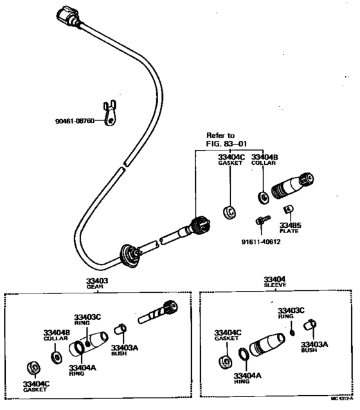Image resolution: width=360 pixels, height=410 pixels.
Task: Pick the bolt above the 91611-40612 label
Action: pyautogui.click(x=260, y=221)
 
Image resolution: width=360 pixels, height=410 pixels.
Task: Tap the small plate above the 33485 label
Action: pyautogui.click(x=289, y=209)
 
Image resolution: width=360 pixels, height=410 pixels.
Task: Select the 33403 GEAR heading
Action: pyautogui.click(x=97, y=284)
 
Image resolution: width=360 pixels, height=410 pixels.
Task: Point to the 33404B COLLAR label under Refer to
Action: pyautogui.click(x=264, y=160)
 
